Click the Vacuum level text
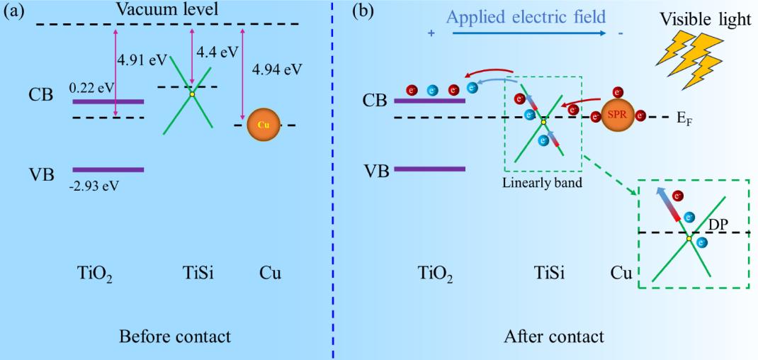click(x=167, y=10)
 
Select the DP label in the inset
click(x=719, y=223)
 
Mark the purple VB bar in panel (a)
click(x=108, y=170)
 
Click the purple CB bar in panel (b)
click(x=429, y=101)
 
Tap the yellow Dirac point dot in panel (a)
click(x=191, y=94)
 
